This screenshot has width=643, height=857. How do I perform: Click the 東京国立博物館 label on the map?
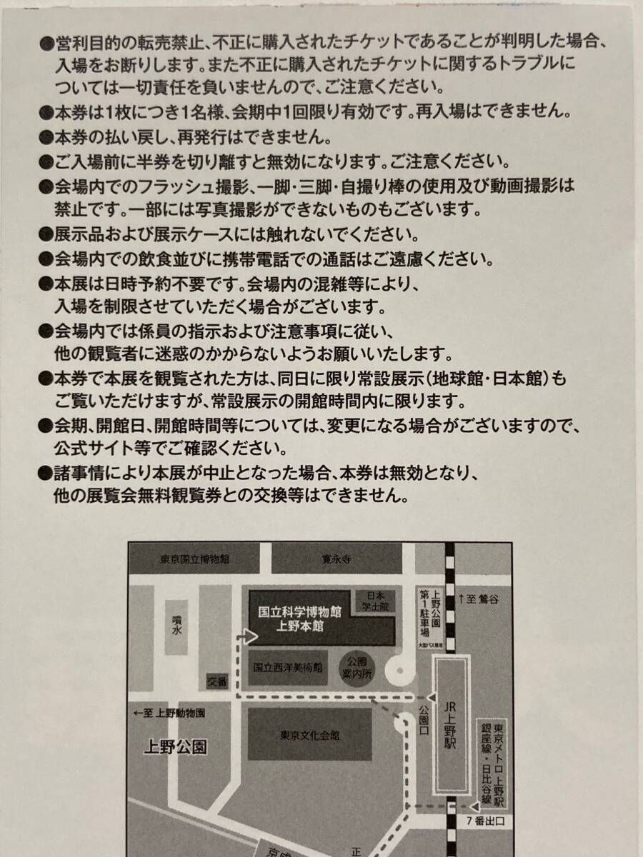tap(194, 559)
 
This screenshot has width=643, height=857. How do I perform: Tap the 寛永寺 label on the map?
tap(336, 559)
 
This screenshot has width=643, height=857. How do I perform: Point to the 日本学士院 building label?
tap(375, 601)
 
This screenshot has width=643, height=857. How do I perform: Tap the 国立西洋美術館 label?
tap(288, 667)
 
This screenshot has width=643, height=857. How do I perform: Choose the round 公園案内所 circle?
tap(357, 668)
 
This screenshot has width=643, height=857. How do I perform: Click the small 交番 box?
tap(217, 683)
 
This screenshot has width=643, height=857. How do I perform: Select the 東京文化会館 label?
tap(309, 736)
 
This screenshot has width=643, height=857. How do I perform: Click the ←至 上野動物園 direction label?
tap(169, 713)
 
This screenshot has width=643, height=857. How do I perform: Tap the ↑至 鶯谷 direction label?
tap(479, 599)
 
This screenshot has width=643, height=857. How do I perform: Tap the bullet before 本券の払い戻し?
tap(46, 137)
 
